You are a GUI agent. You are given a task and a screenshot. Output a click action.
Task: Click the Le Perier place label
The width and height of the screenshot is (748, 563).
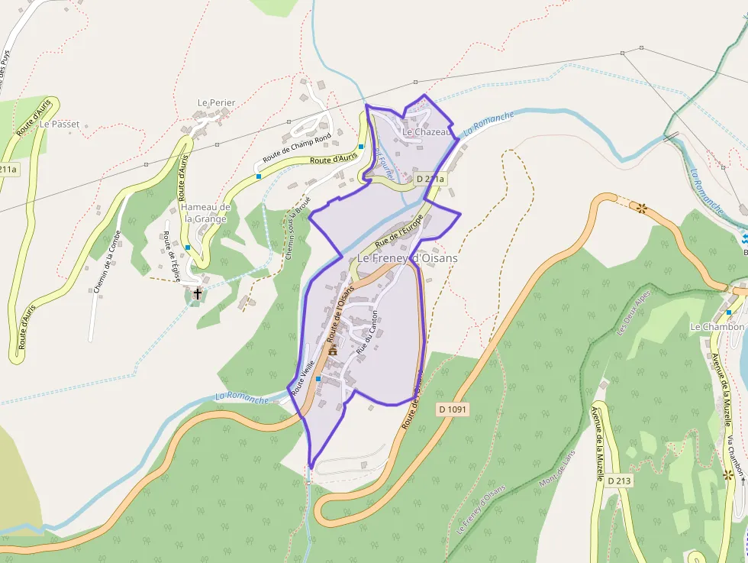216,102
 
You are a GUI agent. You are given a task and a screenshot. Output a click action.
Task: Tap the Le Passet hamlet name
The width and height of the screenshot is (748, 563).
60,124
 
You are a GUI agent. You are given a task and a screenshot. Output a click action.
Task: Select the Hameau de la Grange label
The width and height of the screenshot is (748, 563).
205,213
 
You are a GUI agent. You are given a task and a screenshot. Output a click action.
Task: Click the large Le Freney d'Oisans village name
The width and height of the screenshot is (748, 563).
408,258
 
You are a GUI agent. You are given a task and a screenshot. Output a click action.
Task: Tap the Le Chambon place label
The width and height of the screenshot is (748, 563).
717,327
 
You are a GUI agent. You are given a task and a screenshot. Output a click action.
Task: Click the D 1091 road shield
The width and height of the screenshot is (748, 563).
453,409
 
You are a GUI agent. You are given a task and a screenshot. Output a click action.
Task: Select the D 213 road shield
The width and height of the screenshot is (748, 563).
619,480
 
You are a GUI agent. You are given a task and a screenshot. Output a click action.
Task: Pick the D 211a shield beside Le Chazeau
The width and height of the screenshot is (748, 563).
430,179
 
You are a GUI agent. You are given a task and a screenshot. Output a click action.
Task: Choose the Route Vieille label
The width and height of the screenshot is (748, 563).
303,377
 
